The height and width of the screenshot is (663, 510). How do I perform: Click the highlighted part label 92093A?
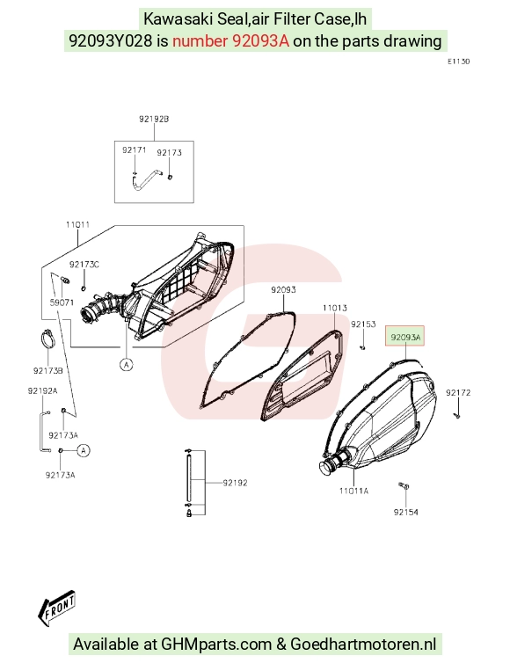pyautogui.click(x=405, y=337)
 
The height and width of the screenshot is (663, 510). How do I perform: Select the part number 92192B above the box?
pyautogui.click(x=154, y=120)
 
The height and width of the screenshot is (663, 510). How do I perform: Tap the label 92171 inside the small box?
pyautogui.click(x=134, y=150)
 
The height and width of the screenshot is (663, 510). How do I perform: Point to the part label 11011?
pyautogui.click(x=77, y=224)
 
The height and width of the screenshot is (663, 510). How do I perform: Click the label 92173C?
pyautogui.click(x=84, y=265)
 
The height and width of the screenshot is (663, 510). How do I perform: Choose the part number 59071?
pyautogui.click(x=62, y=302)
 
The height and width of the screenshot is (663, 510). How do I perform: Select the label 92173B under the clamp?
pyautogui.click(x=48, y=371)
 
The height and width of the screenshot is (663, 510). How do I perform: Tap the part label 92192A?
pyautogui.click(x=43, y=391)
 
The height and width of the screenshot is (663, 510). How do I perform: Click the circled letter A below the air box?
pyautogui.click(x=127, y=364)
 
